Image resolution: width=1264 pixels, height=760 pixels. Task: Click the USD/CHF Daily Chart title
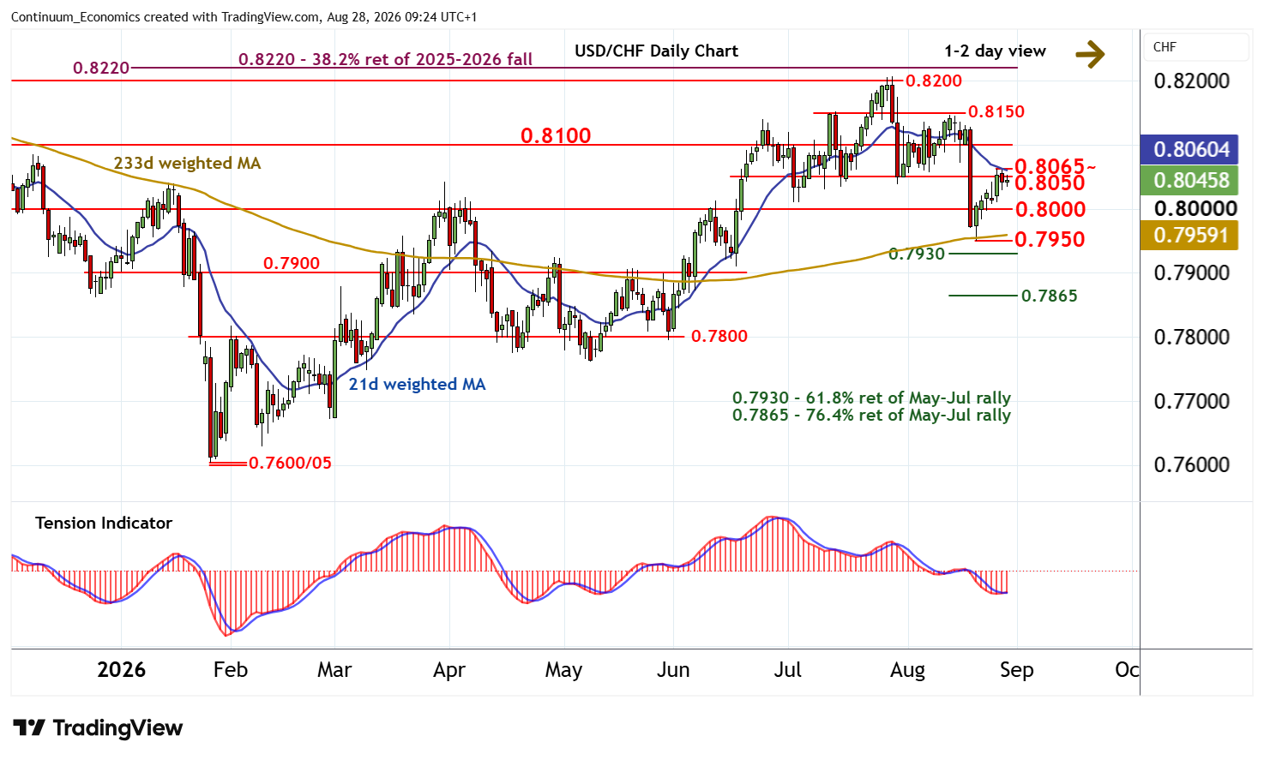656,51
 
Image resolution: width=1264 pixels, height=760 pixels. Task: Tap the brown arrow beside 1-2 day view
1090,55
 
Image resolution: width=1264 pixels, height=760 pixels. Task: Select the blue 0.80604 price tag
1189,149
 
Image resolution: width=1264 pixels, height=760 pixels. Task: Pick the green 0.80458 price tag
1189,181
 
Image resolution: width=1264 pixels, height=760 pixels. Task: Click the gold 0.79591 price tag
1189,235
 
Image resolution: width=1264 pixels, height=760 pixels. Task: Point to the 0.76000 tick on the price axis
1191,464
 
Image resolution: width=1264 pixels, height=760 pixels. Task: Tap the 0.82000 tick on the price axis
1191,81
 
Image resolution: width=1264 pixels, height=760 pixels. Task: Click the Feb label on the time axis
230,670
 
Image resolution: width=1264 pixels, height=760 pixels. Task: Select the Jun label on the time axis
673,670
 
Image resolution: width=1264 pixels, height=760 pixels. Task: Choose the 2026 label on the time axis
121,670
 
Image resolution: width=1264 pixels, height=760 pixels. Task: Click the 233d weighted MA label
187,164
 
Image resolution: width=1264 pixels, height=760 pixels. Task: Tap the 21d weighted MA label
417,385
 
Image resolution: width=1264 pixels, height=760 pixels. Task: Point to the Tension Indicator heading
103,524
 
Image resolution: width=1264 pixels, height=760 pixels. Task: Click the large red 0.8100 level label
556,136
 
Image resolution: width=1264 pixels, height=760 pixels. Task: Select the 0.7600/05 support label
290,463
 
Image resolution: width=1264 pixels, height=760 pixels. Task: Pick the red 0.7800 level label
719,336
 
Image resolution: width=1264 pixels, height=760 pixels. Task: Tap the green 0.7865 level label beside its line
1049,296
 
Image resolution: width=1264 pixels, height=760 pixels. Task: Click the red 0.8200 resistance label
933,81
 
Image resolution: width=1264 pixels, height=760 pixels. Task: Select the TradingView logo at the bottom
98,727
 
